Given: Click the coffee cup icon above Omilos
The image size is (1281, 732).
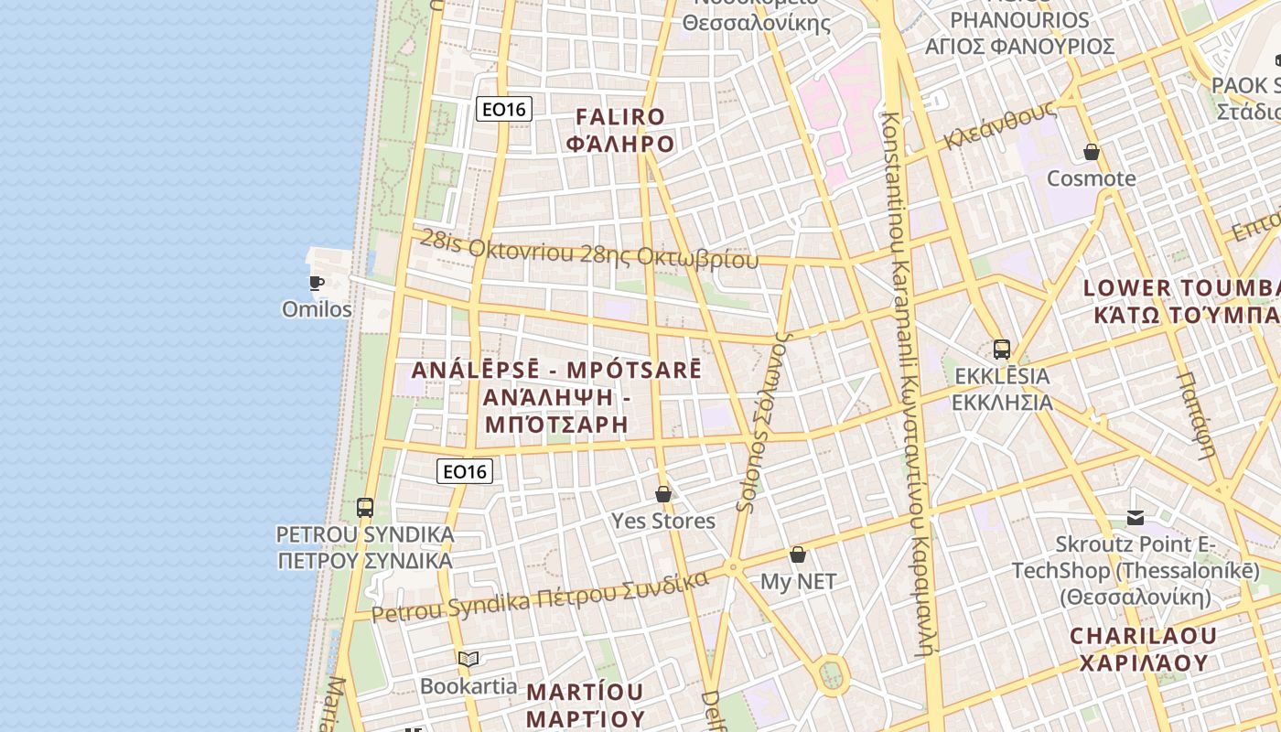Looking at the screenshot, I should [316, 283].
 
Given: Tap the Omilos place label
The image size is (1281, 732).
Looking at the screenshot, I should [317, 309].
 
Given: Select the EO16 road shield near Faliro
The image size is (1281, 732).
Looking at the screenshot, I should [504, 110].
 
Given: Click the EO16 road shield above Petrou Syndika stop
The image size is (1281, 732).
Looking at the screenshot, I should [465, 471].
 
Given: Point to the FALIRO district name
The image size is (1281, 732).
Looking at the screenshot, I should [620, 117].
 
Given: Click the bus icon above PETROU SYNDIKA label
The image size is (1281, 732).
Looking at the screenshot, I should [365, 507].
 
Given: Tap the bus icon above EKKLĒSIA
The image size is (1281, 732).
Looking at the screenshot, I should [1002, 349].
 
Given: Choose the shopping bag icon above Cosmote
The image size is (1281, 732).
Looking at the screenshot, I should [1091, 151].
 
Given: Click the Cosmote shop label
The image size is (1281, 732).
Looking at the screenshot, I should [1091, 178].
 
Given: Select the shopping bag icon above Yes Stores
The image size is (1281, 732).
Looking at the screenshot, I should [663, 494].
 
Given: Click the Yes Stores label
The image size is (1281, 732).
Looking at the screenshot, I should [663, 522].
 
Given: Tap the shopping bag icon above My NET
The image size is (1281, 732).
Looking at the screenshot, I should [798, 554].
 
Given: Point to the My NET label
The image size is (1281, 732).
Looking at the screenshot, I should [798, 582].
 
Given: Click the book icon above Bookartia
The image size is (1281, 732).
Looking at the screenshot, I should [468, 659].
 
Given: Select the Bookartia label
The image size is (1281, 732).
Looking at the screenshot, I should [468, 685].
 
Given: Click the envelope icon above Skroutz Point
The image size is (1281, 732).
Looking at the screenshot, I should [1136, 518].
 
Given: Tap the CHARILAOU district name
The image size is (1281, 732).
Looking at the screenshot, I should [1144, 635].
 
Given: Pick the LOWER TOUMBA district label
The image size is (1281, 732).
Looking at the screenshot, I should [1180, 288].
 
